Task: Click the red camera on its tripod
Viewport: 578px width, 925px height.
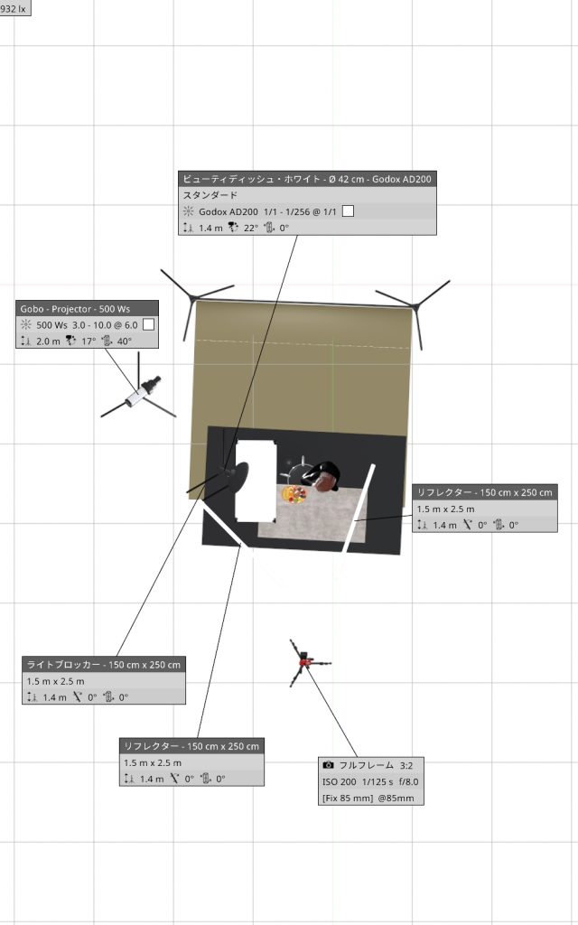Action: tap(304, 662)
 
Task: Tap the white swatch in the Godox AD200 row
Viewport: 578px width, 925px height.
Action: tap(348, 210)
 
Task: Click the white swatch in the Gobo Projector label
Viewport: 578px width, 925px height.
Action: tap(149, 324)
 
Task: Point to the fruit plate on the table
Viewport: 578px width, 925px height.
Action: tap(294, 494)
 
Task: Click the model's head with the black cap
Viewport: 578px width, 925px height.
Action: tap(323, 476)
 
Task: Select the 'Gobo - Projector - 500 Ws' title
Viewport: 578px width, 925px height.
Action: tap(76, 309)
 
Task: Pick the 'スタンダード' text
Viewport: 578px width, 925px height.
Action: tap(210, 195)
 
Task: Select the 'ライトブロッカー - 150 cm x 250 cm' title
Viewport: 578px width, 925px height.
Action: tap(104, 664)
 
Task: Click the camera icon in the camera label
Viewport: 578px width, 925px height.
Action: tap(329, 765)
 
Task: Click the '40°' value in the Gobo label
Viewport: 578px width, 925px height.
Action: tap(125, 341)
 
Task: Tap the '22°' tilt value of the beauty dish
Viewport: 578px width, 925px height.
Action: tap(251, 228)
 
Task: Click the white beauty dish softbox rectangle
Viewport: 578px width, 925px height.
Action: tap(256, 481)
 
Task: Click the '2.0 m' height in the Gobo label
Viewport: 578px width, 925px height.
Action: tap(49, 341)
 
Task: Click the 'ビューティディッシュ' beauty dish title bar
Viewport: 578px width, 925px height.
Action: tap(307, 179)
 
